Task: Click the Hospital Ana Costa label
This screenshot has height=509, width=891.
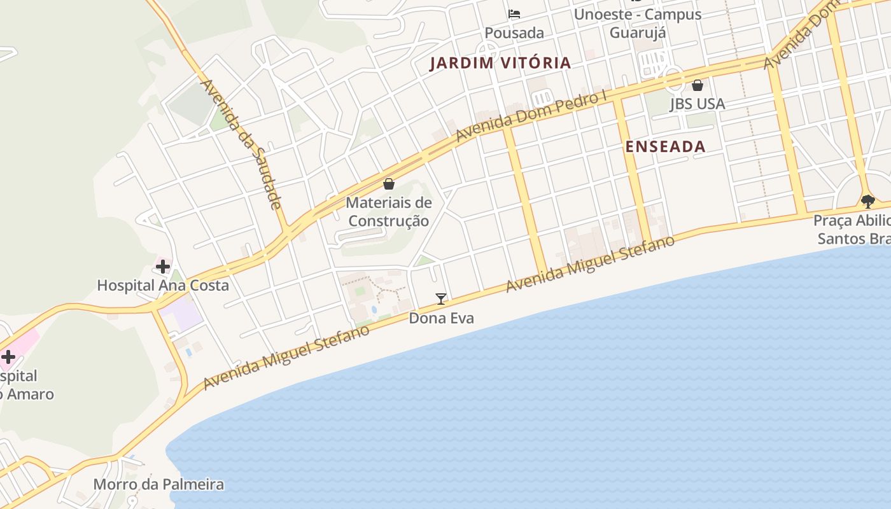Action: [163, 285]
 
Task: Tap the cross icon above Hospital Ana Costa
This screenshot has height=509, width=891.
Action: [163, 267]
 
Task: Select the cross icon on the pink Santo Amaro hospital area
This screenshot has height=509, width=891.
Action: [8, 357]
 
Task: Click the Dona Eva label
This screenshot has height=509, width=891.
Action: [441, 317]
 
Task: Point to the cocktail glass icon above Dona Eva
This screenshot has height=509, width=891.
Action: [440, 298]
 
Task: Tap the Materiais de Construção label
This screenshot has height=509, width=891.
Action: [388, 212]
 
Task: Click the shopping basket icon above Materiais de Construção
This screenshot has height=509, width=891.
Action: [388, 184]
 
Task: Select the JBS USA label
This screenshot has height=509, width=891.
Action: [697, 104]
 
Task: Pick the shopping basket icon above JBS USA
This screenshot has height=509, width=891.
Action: [698, 85]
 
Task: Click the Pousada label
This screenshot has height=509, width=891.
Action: [514, 32]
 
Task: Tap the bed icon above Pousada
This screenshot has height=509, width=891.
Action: [514, 13]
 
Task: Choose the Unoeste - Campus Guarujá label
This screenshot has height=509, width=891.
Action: [638, 23]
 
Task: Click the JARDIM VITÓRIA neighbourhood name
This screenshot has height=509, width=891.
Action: [500, 63]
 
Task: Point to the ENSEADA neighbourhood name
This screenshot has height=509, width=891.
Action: [665, 146]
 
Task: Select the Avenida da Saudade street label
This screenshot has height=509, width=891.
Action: [241, 144]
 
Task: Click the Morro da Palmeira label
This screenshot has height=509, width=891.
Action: [158, 484]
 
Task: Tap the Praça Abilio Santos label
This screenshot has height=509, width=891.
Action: [853, 230]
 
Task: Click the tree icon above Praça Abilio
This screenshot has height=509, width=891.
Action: [867, 202]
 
